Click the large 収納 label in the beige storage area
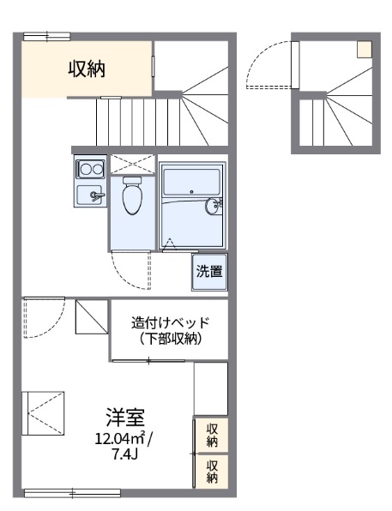point(87,69)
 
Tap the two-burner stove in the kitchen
point(89,167)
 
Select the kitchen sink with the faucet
point(89,195)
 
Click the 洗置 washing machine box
point(209,272)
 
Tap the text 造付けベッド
point(170,323)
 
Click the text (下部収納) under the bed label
point(170,340)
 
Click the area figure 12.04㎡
point(120,439)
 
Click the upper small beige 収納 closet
point(211,436)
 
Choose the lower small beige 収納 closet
point(211,471)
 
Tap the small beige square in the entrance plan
point(365,48)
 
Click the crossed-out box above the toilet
point(131,164)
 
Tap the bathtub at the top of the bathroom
point(191,182)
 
